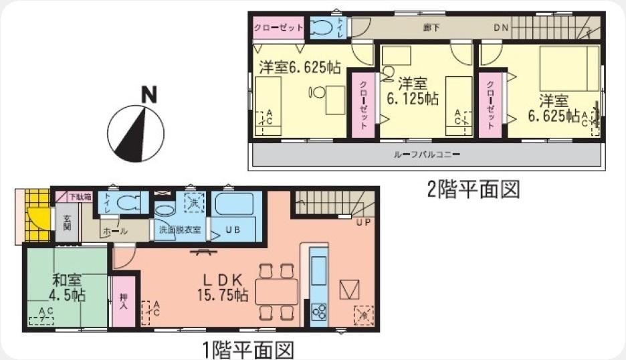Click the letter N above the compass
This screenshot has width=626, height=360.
click(149, 95)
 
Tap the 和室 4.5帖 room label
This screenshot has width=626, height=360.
click(65, 287)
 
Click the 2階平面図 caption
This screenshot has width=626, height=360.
click(473, 189)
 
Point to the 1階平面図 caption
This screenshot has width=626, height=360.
click(248, 349)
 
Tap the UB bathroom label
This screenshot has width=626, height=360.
click(232, 229)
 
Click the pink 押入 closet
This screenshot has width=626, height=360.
click(123, 302)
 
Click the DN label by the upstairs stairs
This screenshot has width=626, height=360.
click(501, 27)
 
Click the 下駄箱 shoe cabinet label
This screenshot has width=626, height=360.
click(80, 196)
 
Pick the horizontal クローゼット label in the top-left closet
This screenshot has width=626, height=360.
click(278, 27)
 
